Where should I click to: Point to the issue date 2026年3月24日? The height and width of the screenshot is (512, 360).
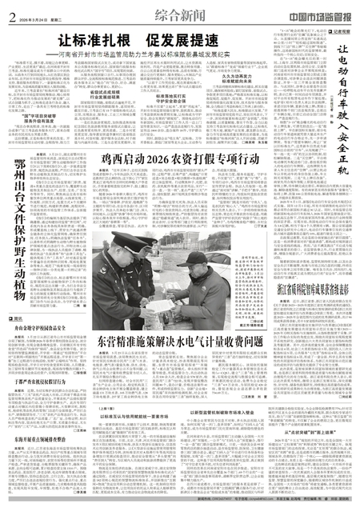pos(30,10)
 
